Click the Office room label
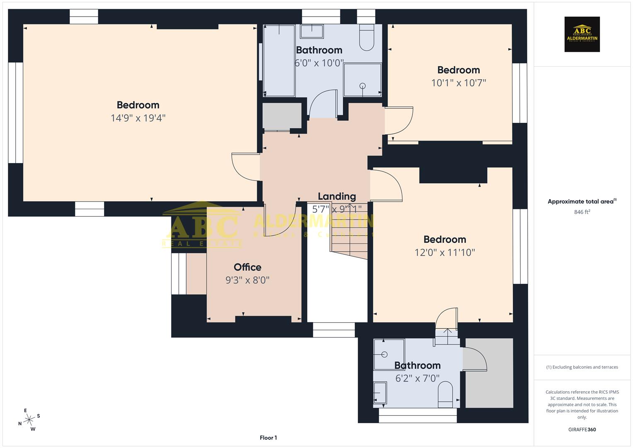tap(247, 267)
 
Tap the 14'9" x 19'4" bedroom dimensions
tap(138, 118)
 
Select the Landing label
tap(337, 196)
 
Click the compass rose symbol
tap(29, 420)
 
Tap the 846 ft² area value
tap(582, 212)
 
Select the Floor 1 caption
tap(268, 438)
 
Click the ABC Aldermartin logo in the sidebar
tap(582, 34)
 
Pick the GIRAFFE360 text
tap(582, 429)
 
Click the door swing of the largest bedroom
tap(245, 167)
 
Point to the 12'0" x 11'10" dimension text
tap(445, 252)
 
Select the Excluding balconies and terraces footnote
tap(582, 367)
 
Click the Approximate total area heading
tap(582, 202)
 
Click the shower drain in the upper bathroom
tap(363, 86)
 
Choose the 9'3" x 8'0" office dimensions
tap(247, 280)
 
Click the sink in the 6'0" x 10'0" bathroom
tap(312, 31)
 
